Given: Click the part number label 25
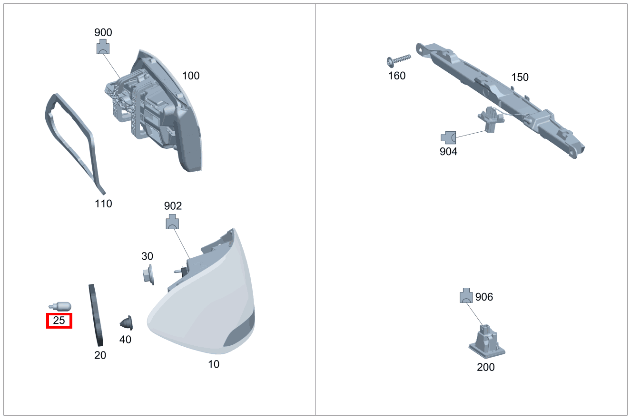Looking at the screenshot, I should [59, 321].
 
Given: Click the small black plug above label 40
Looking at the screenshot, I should [127, 323].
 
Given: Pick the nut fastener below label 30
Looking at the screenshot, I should [148, 275].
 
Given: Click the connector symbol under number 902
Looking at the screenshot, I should [173, 222].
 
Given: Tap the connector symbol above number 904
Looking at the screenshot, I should [448, 138].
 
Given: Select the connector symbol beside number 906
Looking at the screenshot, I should [466, 296].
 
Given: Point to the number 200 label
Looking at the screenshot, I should [486, 367].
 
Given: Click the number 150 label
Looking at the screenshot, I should [520, 77].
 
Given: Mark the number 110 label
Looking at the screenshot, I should [103, 204].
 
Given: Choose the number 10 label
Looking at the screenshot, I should [214, 364].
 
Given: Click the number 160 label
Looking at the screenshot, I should [397, 76].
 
